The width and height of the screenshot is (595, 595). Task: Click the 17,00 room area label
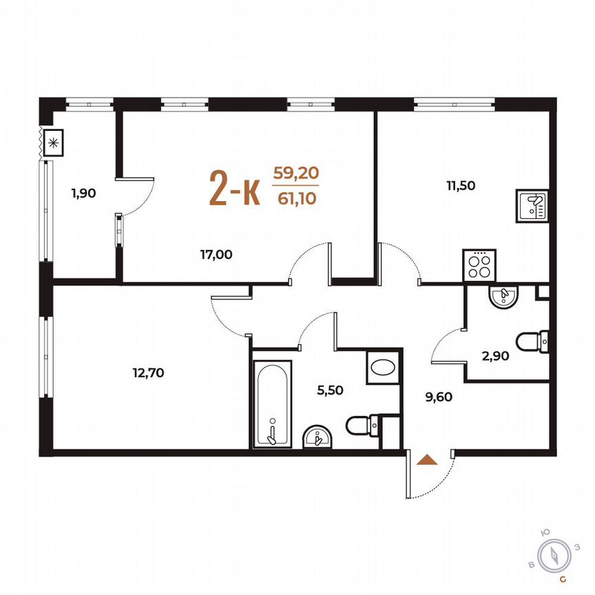[x=216, y=254]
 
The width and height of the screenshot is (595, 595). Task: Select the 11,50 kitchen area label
[x=461, y=185]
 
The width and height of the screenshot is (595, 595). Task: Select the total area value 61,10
[x=296, y=198]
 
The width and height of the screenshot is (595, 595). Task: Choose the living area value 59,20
[x=296, y=173]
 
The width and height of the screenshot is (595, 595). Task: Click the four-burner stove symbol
[x=479, y=264]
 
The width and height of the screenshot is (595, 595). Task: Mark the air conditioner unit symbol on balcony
[x=53, y=144]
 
